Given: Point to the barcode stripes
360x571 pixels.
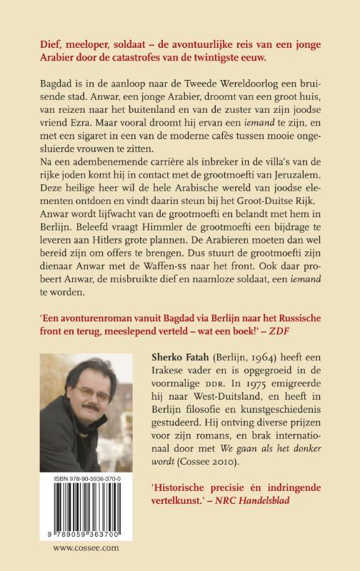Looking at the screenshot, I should [x=89, y=515].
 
